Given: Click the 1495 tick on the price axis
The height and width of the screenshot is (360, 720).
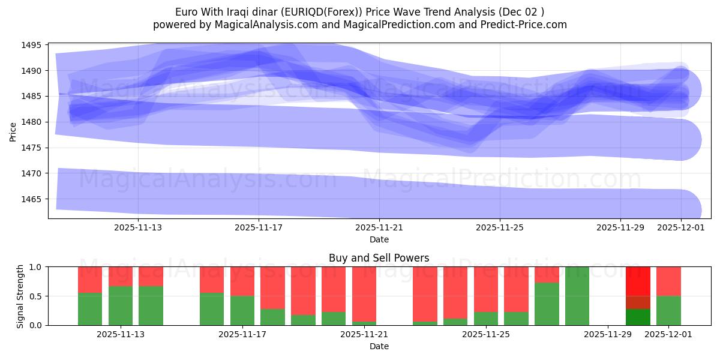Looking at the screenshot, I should click(32, 45).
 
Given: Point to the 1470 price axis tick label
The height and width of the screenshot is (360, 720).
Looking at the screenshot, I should click(32, 173).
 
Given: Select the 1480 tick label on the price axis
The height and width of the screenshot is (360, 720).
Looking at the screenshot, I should click(32, 122).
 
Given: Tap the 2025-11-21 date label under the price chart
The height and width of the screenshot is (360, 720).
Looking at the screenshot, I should click(379, 227).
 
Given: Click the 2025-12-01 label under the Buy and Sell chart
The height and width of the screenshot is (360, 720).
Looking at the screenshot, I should click(668, 334).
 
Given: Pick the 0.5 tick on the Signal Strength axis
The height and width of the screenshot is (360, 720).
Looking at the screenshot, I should click(36, 296).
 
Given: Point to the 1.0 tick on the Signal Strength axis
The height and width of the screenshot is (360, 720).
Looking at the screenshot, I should click(36, 266).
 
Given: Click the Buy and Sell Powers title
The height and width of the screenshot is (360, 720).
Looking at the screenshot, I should click(379, 258).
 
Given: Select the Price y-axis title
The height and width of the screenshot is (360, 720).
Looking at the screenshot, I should click(13, 131).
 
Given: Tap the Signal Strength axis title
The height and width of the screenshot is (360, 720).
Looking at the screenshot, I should click(21, 296).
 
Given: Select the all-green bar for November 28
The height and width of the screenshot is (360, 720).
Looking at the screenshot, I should click(577, 296).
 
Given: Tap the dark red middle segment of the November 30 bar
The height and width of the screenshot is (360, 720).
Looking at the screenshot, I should click(638, 302).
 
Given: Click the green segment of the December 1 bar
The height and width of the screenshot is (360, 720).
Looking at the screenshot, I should click(668, 310).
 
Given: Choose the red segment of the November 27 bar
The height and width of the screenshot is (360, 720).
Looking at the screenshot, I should click(547, 274).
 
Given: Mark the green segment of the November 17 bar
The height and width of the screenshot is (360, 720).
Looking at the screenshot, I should click(242, 310).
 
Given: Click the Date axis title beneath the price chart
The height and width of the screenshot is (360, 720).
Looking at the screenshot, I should click(379, 239).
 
